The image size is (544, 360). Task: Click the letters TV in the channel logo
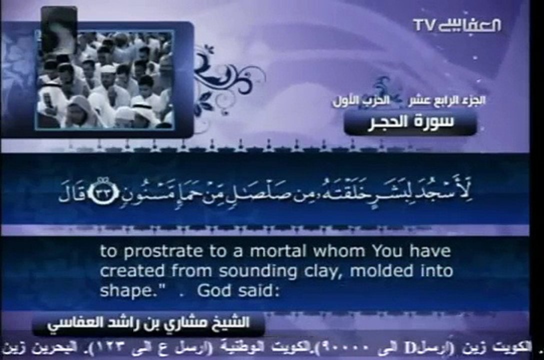click(x=424, y=24)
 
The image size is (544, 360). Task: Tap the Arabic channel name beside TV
click(x=468, y=25)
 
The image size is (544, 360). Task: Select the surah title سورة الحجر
click(x=410, y=122)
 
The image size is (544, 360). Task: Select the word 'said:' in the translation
click(x=255, y=291)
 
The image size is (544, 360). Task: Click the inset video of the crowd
click(x=104, y=79)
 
